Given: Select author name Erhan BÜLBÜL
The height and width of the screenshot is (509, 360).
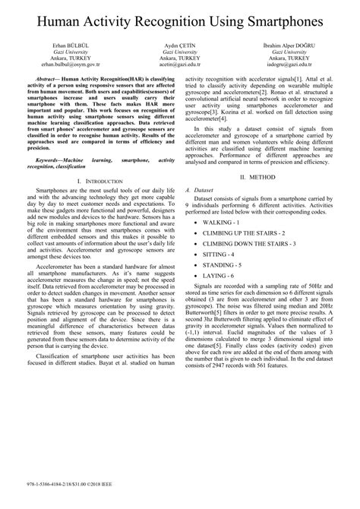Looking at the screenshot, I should pyautogui.click(x=64, y=46).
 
